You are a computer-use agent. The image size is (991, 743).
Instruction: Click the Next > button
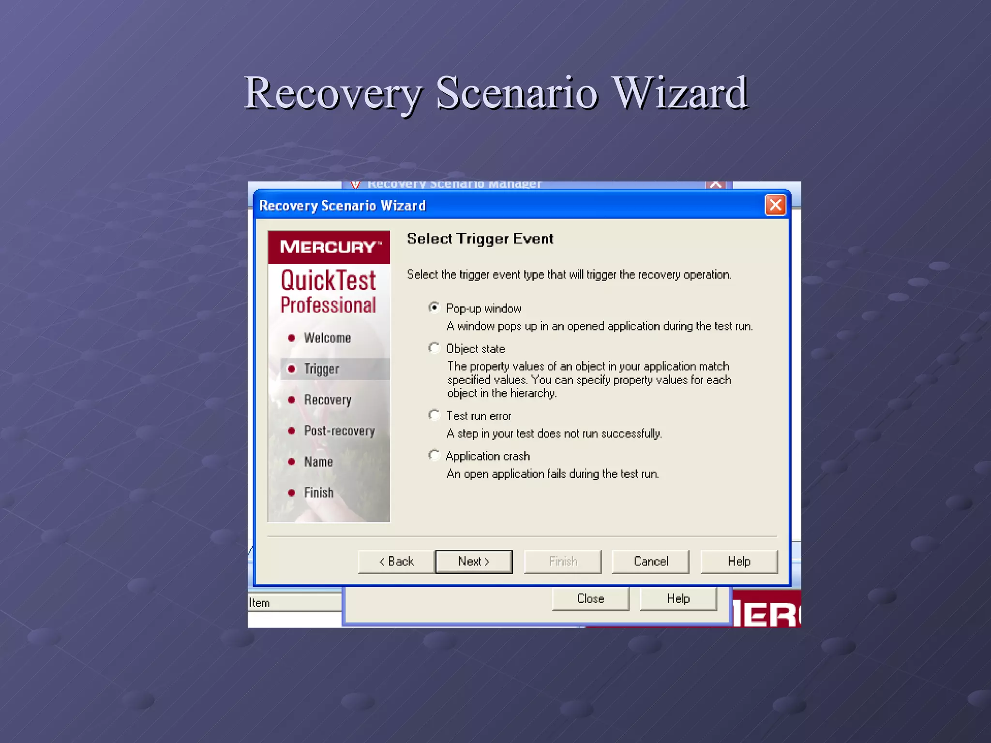click(x=474, y=562)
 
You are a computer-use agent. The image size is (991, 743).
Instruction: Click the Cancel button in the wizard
click(x=650, y=562)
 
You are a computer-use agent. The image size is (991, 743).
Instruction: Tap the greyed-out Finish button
click(x=563, y=562)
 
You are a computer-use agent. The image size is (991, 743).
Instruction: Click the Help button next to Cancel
click(x=739, y=562)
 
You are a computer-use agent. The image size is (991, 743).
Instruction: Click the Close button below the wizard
click(x=590, y=599)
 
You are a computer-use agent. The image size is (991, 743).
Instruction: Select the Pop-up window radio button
click(x=435, y=308)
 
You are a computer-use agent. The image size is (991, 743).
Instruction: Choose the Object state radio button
click(x=435, y=348)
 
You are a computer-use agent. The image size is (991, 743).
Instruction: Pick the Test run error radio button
click(x=435, y=415)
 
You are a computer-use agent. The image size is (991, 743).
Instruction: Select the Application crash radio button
click(x=435, y=455)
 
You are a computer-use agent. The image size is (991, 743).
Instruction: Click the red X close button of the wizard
click(x=775, y=205)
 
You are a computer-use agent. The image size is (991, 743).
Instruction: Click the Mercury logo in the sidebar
click(x=329, y=247)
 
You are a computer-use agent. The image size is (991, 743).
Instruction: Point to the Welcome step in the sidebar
click(x=327, y=338)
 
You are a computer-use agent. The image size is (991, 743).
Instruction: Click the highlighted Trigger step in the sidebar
click(x=322, y=369)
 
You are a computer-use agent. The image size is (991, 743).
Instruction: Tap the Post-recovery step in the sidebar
click(x=339, y=431)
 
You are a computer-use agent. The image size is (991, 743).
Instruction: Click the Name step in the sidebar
click(x=318, y=462)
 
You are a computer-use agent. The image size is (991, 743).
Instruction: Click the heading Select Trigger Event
click(x=480, y=239)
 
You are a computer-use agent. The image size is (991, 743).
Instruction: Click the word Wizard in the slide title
click(x=680, y=93)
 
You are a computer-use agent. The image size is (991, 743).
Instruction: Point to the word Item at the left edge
click(x=259, y=603)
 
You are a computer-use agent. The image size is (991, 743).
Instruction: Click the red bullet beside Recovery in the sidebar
click(x=291, y=400)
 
